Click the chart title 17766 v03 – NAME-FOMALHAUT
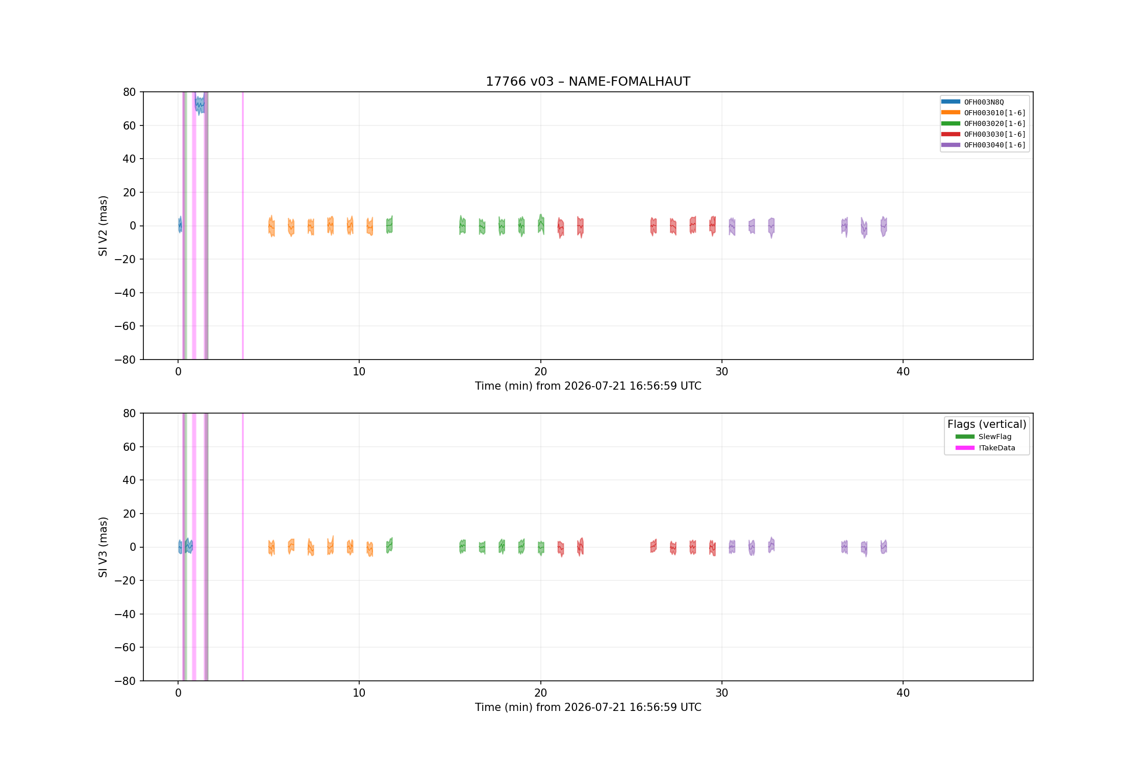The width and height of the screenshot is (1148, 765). (x=588, y=82)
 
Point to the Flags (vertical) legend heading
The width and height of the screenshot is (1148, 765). (x=987, y=424)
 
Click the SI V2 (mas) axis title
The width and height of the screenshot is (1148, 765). (x=103, y=225)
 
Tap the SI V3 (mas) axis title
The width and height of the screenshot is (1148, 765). (x=103, y=547)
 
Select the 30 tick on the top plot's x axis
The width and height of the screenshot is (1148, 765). (x=721, y=371)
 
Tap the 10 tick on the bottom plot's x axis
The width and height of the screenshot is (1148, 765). (x=359, y=693)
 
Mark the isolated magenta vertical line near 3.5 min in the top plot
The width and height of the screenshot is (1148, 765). (x=243, y=225)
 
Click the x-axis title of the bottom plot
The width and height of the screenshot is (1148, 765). (x=588, y=707)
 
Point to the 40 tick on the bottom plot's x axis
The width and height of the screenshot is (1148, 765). (x=903, y=693)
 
